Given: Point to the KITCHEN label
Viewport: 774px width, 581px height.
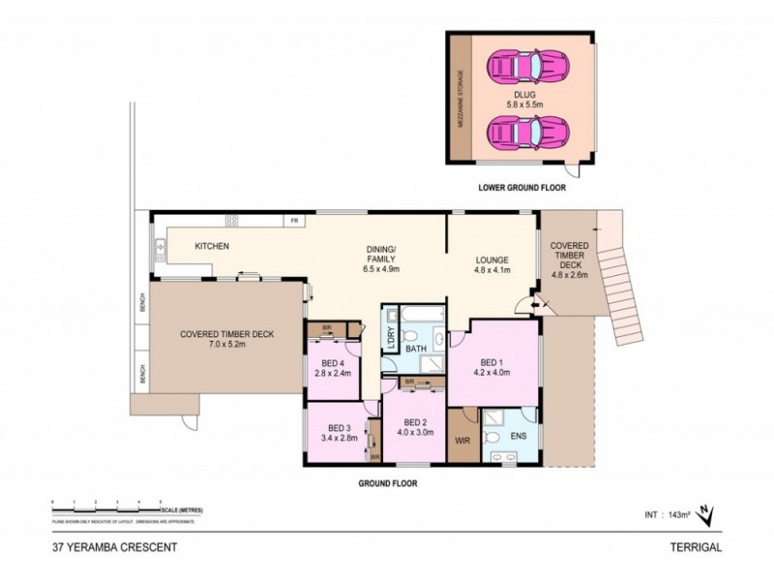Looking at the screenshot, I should click(x=212, y=247).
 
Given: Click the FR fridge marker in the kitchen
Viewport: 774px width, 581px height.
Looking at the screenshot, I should click(x=292, y=222).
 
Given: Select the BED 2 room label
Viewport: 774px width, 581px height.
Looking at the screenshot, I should click(x=415, y=427).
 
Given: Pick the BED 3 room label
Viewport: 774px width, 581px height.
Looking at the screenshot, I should click(x=338, y=433).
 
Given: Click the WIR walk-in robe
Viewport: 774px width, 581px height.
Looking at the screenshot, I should click(x=461, y=440).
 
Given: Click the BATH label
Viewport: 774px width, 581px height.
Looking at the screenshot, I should click(x=416, y=348).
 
